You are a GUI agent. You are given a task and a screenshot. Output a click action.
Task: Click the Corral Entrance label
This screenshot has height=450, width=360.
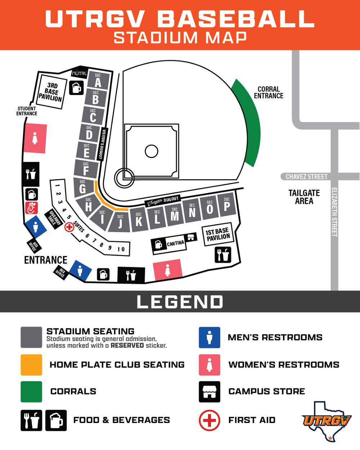(269, 93)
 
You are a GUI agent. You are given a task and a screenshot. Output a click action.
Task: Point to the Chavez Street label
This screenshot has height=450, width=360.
(306, 177)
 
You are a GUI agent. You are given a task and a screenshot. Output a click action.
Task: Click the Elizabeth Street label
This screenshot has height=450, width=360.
(334, 212)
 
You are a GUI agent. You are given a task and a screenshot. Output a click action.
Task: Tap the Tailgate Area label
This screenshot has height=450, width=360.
(304, 197)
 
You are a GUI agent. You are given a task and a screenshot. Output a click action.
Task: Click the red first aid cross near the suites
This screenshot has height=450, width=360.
(69, 227)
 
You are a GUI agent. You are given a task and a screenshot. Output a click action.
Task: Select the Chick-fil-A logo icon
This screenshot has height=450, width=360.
(32, 208)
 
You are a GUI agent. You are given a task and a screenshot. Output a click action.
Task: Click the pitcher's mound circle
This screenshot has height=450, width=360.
(152, 151)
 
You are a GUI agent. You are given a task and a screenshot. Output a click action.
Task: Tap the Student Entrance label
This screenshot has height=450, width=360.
(27, 111)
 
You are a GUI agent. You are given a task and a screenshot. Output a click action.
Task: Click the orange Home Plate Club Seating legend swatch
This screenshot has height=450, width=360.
(31, 365)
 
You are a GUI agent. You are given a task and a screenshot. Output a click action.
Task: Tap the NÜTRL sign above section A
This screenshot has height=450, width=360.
(80, 73)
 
